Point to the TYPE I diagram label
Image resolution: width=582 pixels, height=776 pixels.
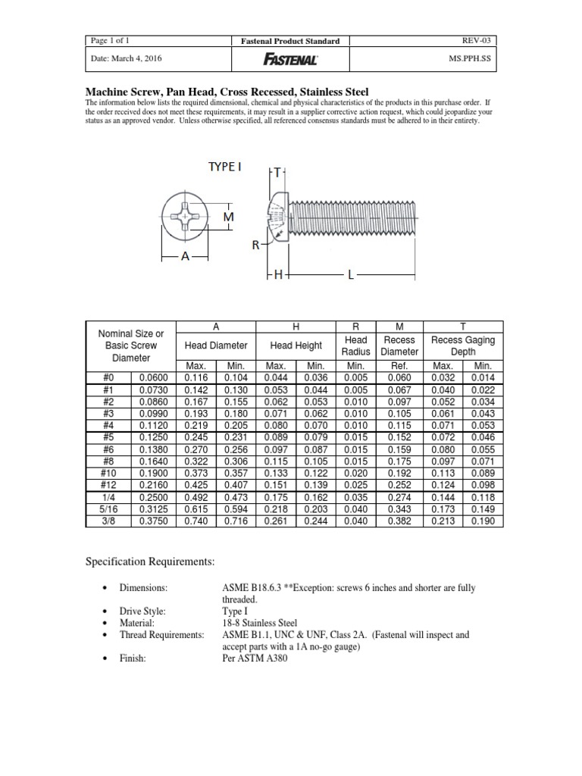(x=224, y=165)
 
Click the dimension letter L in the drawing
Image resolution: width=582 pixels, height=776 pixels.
(x=350, y=277)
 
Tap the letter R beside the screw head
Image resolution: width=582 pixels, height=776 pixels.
(x=256, y=246)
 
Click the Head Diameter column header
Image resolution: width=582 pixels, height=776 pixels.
(x=216, y=346)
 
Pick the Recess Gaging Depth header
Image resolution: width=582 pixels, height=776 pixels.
(x=462, y=346)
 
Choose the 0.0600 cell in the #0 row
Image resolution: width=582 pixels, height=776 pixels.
(x=155, y=377)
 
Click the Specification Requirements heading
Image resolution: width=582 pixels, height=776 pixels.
(x=150, y=562)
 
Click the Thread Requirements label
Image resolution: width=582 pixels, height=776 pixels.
(x=161, y=635)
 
